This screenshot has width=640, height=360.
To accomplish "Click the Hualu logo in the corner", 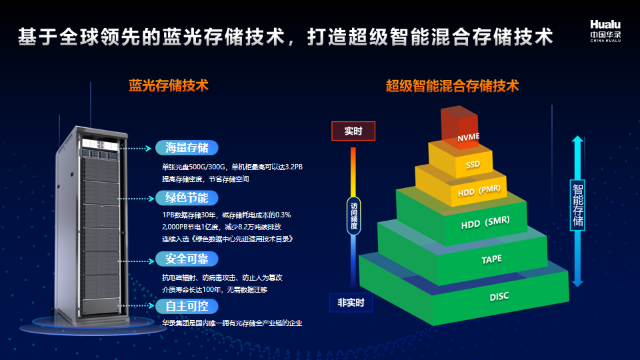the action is pyautogui.click(x=605, y=31).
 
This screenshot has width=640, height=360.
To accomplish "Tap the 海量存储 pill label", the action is pyautogui.click(x=187, y=148).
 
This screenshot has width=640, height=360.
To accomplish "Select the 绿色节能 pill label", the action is pyautogui.click(x=187, y=198).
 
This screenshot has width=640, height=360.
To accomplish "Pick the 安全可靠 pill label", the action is pyautogui.click(x=187, y=259).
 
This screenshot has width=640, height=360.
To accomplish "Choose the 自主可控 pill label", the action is pyautogui.click(x=187, y=306).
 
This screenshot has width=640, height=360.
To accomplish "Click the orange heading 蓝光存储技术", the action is pyautogui.click(x=169, y=86).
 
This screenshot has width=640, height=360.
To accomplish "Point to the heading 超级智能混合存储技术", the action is pyautogui.click(x=452, y=86).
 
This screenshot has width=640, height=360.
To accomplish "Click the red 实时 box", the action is pyautogui.click(x=353, y=131).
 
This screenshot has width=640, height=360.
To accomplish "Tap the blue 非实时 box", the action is pyautogui.click(x=351, y=303).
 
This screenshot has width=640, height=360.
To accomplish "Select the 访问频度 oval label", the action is pyautogui.click(x=354, y=216).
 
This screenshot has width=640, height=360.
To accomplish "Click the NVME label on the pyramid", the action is pyautogui.click(x=468, y=137).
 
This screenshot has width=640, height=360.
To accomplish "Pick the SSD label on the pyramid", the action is pyautogui.click(x=473, y=165).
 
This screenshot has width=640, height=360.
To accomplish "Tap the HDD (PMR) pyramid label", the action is pyautogui.click(x=479, y=191).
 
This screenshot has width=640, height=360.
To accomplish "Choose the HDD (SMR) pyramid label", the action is pyautogui.click(x=485, y=223).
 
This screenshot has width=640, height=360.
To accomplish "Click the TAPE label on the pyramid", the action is pyautogui.click(x=491, y=259).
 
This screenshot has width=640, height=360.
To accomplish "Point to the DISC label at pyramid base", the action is pyautogui.click(x=499, y=296).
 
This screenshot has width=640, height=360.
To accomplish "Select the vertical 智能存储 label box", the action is pyautogui.click(x=577, y=205).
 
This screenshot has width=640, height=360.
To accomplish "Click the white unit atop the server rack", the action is pyautogui.click(x=99, y=145).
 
